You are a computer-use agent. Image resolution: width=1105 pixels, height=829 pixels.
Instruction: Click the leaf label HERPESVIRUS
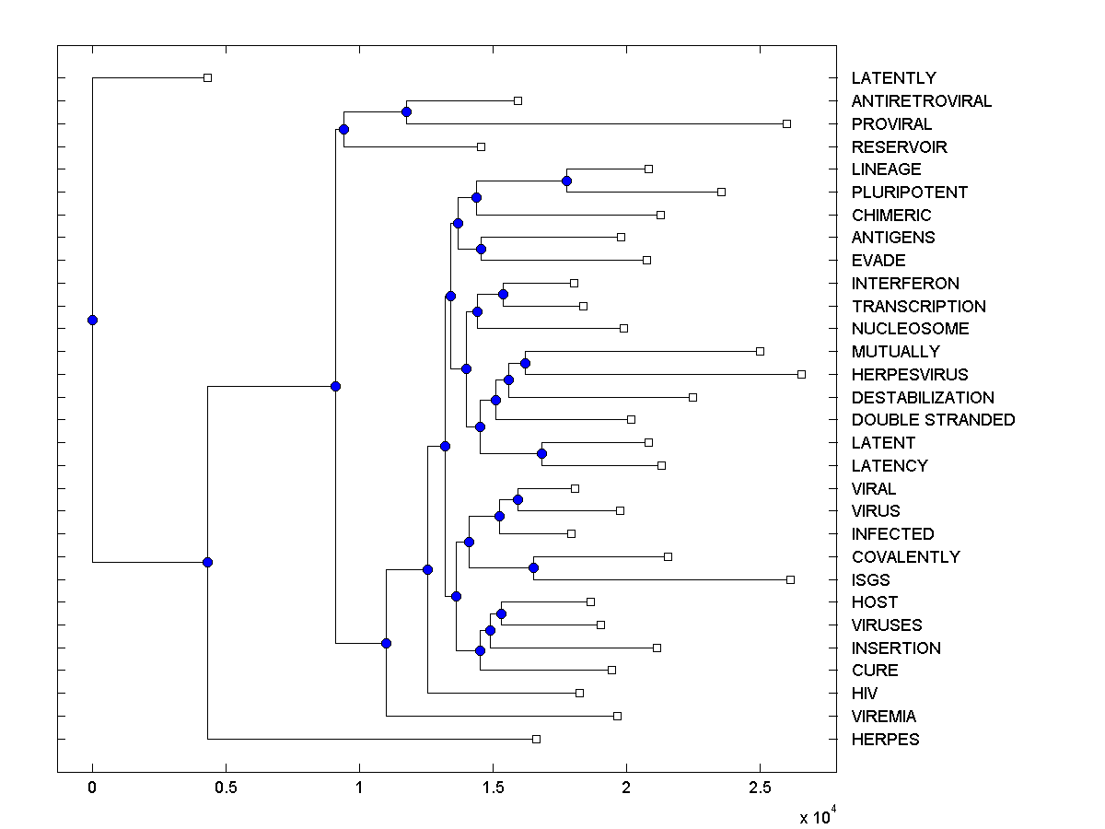(910, 375)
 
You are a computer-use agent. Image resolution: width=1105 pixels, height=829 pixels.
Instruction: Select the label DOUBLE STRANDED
(933, 420)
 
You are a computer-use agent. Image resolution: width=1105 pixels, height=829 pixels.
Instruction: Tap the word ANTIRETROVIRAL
(922, 101)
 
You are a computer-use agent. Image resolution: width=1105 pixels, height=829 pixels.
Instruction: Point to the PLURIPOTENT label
(910, 193)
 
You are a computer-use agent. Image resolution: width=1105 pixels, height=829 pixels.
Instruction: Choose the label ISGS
(871, 580)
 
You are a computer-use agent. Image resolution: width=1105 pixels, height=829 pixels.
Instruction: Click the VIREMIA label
(884, 717)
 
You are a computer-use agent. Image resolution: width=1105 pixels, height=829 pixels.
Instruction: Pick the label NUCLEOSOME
(910, 329)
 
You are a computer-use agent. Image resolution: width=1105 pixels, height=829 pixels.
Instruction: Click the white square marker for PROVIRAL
(786, 123)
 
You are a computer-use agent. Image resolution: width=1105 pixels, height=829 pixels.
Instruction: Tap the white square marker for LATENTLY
(207, 78)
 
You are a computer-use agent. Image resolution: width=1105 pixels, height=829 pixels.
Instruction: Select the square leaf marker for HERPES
(537, 739)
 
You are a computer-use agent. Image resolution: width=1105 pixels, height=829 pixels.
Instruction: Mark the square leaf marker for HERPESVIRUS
(801, 374)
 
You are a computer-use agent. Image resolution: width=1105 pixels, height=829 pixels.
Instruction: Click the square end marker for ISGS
(790, 579)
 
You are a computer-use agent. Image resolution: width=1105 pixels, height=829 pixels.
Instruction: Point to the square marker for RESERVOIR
(481, 146)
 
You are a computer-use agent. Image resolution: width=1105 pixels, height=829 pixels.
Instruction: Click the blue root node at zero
(92, 320)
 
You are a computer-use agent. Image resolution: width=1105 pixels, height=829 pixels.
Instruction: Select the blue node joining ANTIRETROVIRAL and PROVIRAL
(406, 111)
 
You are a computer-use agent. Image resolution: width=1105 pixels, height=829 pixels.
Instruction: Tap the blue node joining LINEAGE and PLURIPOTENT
(566, 181)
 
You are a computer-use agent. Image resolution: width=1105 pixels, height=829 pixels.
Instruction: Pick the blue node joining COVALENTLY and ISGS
(533, 567)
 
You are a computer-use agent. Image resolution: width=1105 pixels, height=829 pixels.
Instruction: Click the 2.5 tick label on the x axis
(760, 788)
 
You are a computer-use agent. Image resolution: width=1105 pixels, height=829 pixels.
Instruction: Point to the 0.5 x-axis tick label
(226, 788)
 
